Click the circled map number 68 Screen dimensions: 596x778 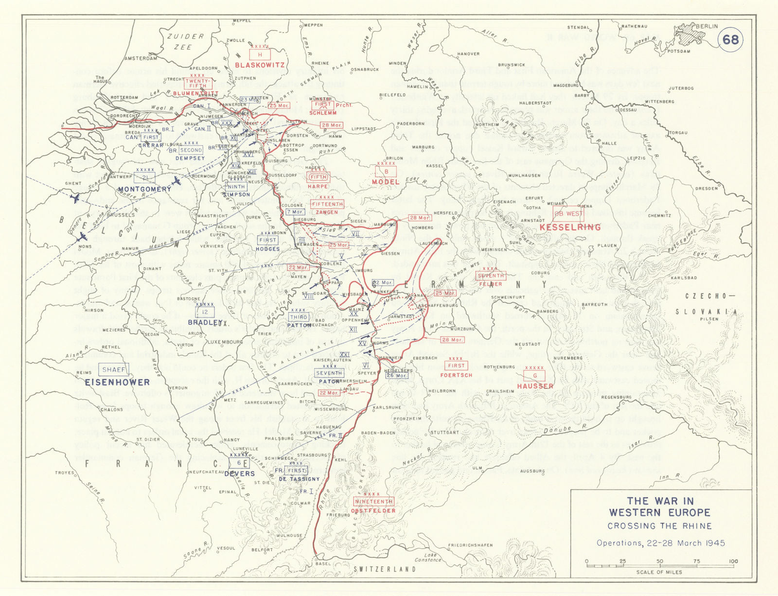(731, 39)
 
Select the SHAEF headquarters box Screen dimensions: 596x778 (114, 370)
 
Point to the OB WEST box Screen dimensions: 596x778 (568, 213)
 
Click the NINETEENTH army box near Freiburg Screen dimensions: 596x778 (374, 501)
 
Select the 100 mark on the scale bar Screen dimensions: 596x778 (733, 561)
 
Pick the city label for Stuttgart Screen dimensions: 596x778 (445, 432)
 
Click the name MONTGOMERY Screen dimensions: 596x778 (144, 189)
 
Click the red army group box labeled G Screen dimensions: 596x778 (535, 375)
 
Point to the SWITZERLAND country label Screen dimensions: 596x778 (384, 569)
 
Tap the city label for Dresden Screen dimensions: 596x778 (720, 188)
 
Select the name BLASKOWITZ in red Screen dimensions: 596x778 (260, 65)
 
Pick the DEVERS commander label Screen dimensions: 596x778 (239, 473)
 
